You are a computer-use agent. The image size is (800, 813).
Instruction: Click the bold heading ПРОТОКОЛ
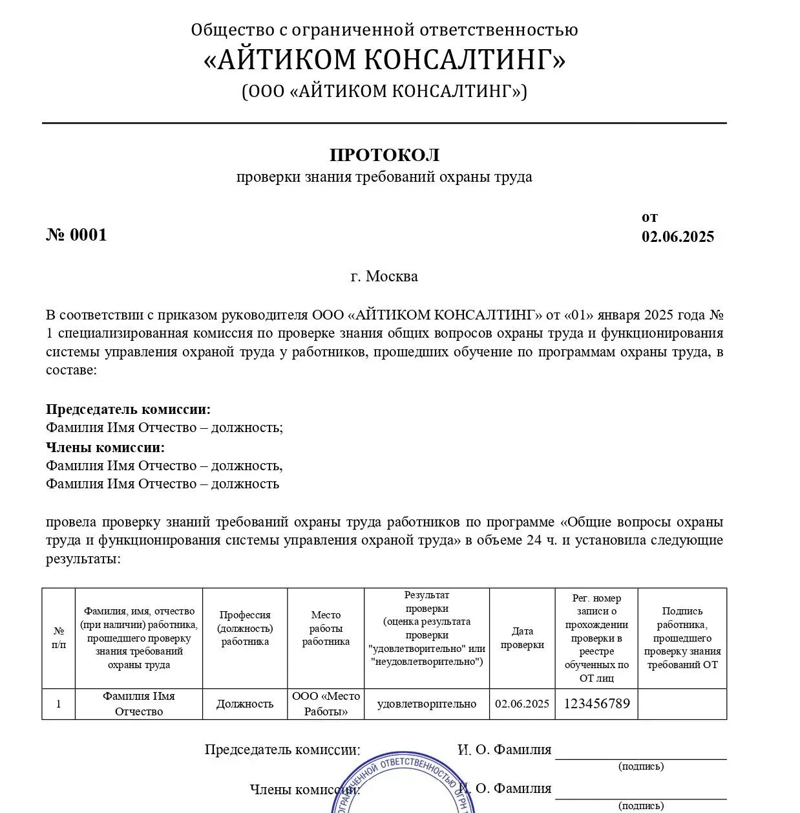(384, 155)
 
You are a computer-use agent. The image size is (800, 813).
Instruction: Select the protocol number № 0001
(76, 235)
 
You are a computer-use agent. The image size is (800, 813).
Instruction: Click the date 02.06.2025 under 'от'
(677, 237)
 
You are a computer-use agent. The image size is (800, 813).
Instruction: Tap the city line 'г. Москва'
(384, 277)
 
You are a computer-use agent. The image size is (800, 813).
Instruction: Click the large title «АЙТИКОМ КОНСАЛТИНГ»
(384, 60)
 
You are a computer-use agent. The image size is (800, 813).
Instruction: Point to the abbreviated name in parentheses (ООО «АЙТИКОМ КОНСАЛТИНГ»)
(384, 91)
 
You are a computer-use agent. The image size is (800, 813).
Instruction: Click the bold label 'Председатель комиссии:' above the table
(128, 409)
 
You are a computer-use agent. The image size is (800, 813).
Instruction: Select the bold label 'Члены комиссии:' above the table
(105, 448)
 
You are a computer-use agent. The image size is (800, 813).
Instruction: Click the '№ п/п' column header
(59, 638)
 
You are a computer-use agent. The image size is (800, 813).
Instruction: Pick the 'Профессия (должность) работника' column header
(245, 628)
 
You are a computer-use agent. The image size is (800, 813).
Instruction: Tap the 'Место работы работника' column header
(326, 628)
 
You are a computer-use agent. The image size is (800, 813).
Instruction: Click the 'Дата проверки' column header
(522, 638)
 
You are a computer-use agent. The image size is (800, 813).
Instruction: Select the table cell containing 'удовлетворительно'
(426, 704)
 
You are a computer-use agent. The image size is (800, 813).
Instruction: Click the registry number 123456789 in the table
(596, 704)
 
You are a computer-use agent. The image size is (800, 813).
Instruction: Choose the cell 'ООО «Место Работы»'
(326, 704)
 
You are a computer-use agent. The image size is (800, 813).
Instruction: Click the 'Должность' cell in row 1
(245, 704)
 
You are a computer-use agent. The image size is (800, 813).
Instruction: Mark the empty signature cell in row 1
(682, 704)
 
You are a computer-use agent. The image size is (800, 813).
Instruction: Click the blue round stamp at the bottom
(404, 786)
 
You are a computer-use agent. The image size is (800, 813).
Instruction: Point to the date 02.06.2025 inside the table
(522, 704)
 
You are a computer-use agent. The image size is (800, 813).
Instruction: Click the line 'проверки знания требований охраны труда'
(384, 177)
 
